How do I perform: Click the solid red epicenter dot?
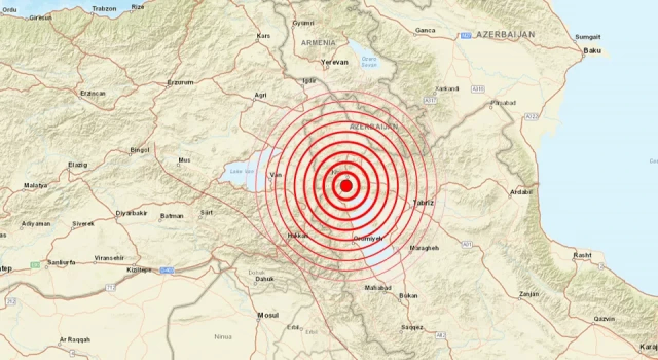tap(346, 186)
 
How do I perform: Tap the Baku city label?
tap(592, 51)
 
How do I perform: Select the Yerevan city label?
tap(334, 62)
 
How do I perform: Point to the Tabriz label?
tap(424, 203)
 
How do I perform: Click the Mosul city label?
tap(268, 315)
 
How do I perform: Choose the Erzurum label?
tap(180, 83)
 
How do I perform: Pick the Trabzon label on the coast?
tap(104, 9)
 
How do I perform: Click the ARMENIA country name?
tap(318, 43)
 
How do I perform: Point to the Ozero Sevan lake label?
tap(369, 62)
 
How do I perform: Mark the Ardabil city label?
tap(520, 193)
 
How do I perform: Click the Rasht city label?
tap(582, 256)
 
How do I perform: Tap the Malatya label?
tap(35, 186)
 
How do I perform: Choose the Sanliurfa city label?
tap(61, 262)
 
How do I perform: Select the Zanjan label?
tap(529, 294)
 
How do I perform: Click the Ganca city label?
tap(425, 30)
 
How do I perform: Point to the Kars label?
tap(263, 36)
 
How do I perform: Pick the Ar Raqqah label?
tap(75, 340)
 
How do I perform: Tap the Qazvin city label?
tap(604, 319)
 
